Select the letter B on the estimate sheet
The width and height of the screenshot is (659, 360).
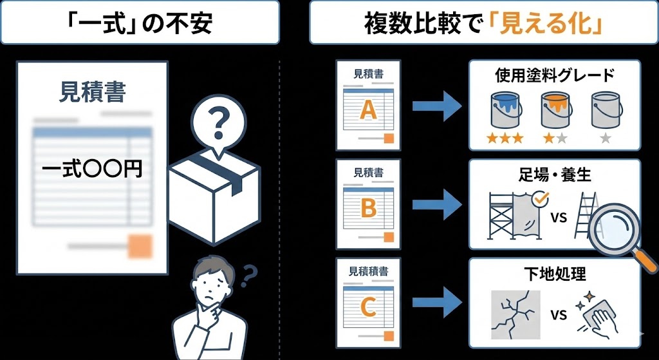coord(367,209)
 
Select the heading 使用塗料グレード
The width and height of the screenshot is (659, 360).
coord(554,76)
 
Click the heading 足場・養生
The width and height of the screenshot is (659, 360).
coord(554,175)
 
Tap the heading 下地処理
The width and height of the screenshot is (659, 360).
coord(554,273)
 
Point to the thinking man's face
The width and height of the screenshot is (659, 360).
coord(210,283)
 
